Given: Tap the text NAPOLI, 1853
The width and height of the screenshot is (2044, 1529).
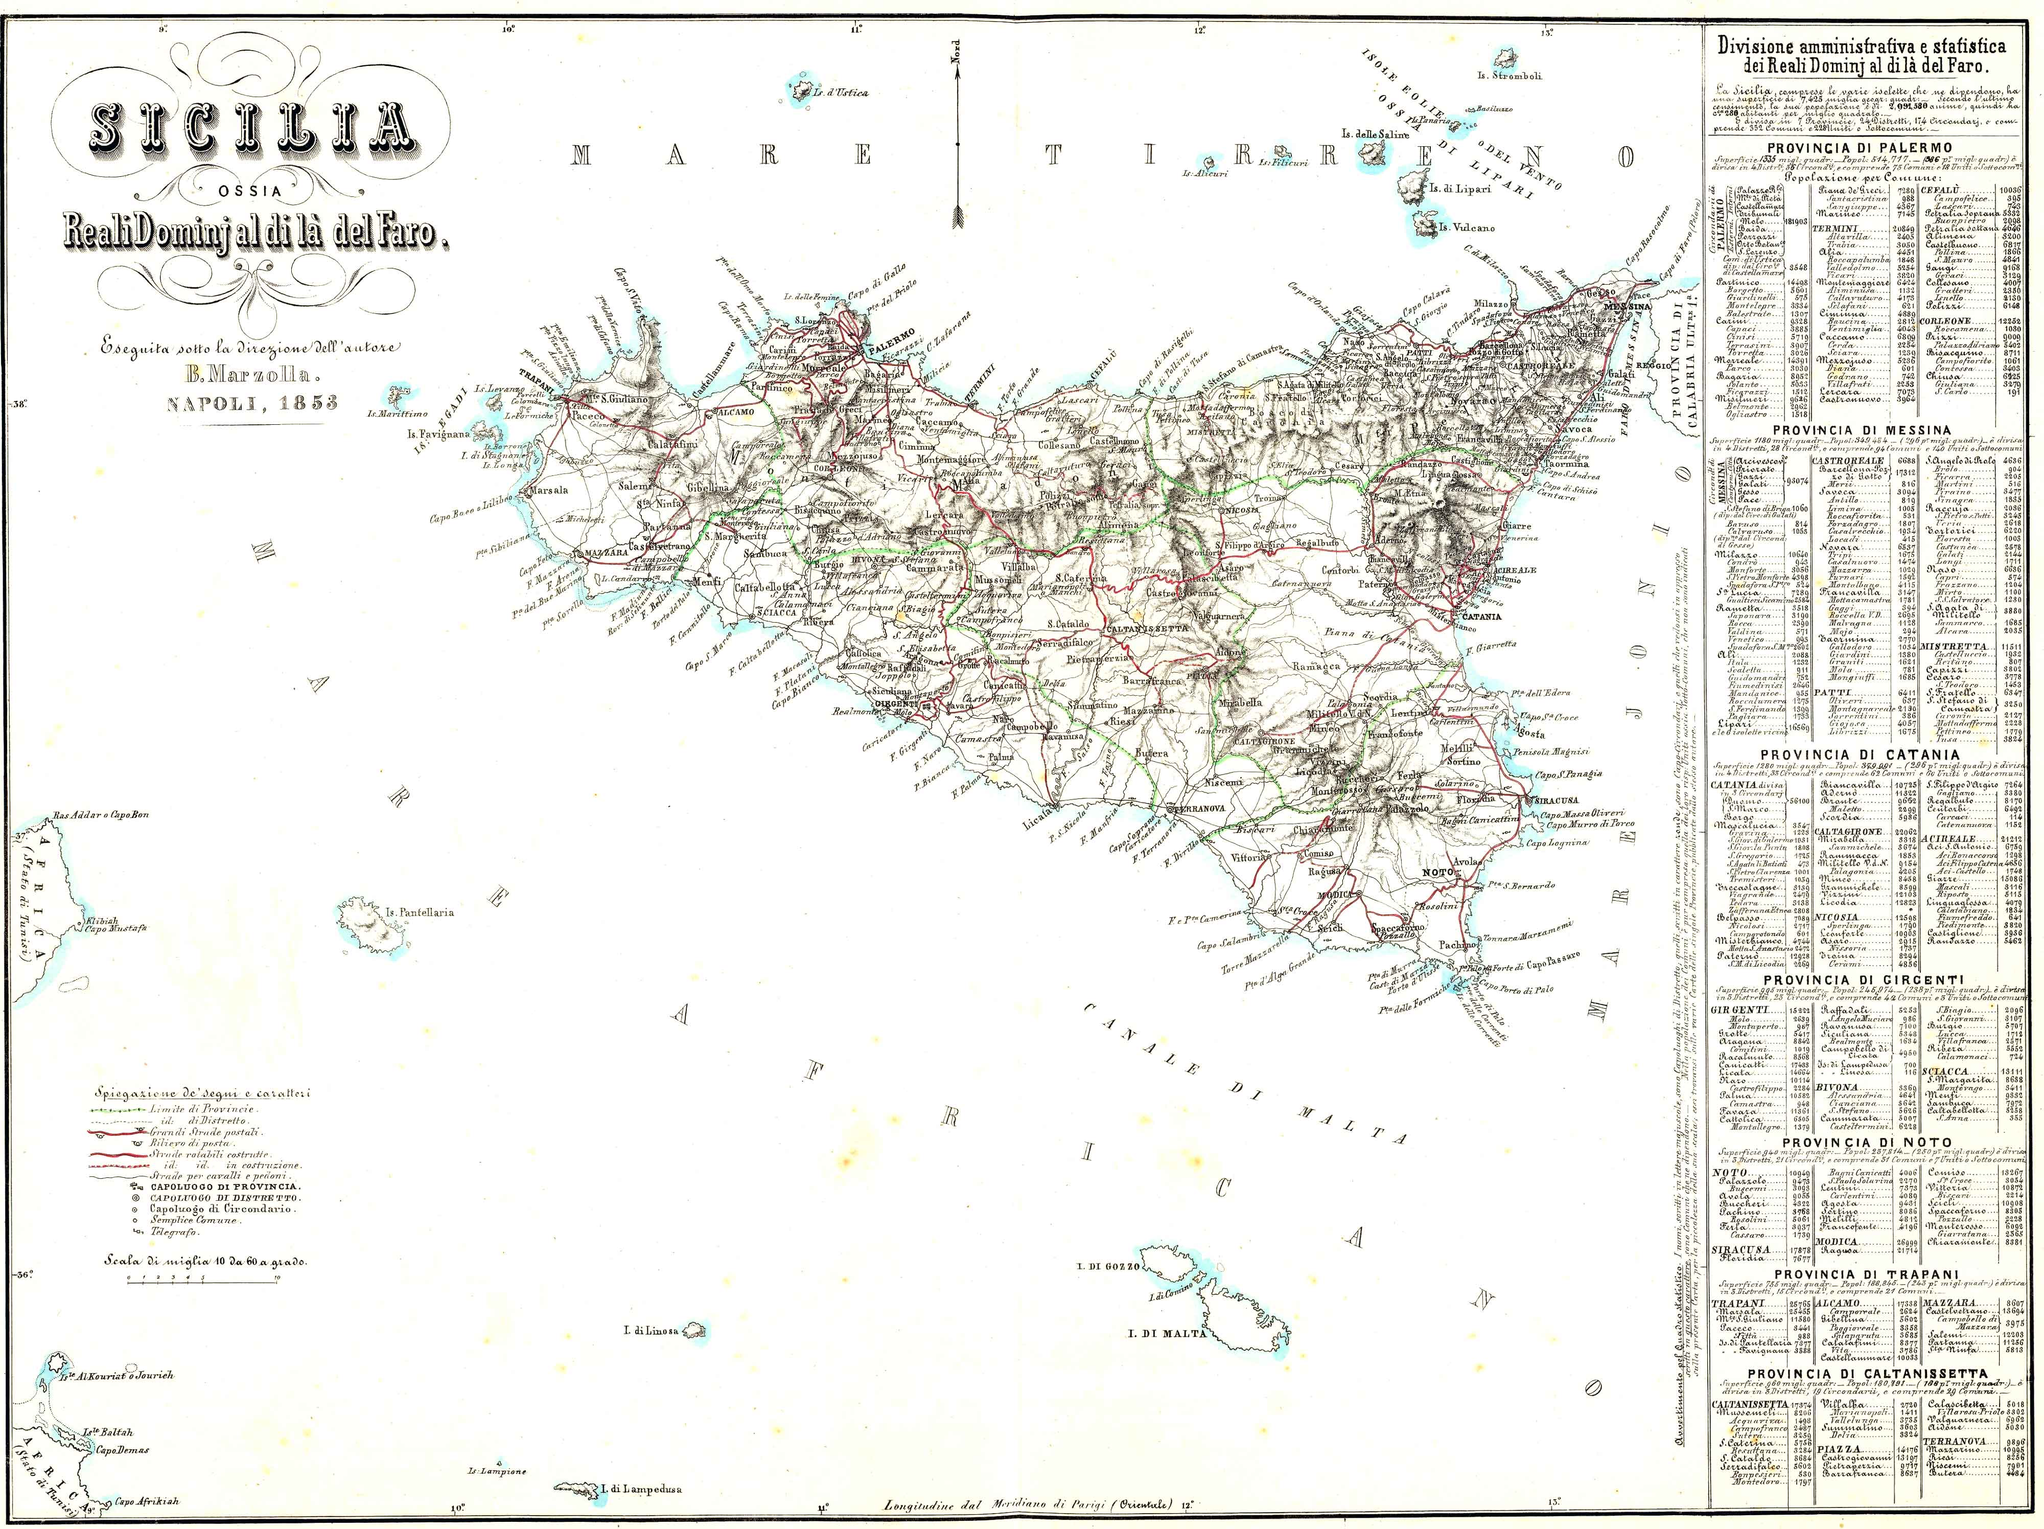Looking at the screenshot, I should pyautogui.click(x=252, y=402).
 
